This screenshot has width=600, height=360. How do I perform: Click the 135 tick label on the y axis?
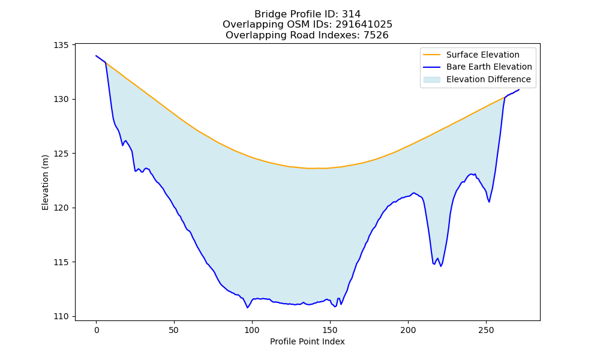61,45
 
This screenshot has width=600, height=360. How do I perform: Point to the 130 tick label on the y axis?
61,100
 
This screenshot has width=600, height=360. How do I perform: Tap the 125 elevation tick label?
61,154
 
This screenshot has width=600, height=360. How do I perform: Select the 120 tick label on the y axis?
61,208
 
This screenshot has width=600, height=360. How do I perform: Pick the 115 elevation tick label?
61,262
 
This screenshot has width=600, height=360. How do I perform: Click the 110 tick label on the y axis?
61,317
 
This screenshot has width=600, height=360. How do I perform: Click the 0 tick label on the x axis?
97,330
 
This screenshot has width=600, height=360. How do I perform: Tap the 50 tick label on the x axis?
174,330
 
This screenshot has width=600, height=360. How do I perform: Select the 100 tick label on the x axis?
252,330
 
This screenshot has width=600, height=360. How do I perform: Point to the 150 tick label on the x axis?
330,330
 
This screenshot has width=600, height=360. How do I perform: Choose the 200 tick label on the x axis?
408,330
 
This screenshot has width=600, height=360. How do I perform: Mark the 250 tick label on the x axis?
487,330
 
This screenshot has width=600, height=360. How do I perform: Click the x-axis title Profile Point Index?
307,341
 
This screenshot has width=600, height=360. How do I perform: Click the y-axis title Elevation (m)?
45,182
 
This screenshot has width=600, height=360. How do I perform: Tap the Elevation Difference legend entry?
477,80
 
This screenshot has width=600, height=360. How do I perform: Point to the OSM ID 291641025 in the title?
364,25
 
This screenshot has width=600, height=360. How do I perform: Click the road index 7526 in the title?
376,35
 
